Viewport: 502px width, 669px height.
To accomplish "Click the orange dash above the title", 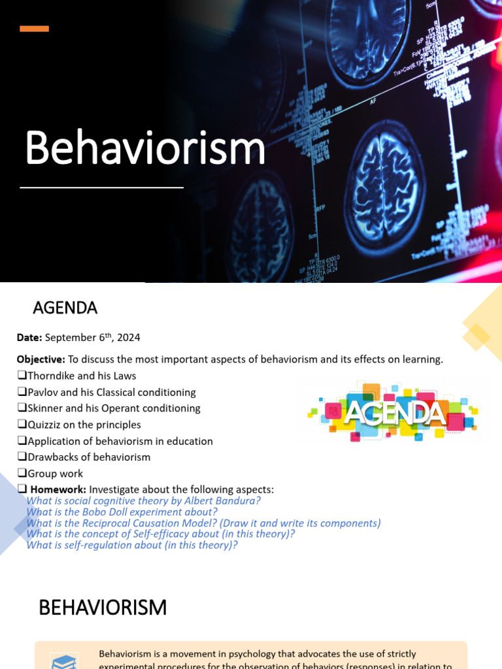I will [34, 28].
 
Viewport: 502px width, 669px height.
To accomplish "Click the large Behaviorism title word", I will [145, 148].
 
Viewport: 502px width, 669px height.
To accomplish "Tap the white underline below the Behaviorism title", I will [101, 188].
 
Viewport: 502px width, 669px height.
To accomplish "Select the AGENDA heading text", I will [65, 308].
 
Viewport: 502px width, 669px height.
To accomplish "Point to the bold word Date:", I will [29, 338].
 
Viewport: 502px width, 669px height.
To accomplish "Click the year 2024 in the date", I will [129, 338].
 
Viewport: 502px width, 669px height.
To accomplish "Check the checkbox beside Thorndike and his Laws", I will [22, 376].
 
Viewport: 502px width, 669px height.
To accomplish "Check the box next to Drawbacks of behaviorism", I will [22, 457].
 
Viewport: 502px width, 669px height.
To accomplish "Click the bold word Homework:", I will [58, 490].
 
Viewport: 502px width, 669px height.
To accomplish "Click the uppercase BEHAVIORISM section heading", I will [103, 608].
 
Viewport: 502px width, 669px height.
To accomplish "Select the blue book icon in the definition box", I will [64, 661].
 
